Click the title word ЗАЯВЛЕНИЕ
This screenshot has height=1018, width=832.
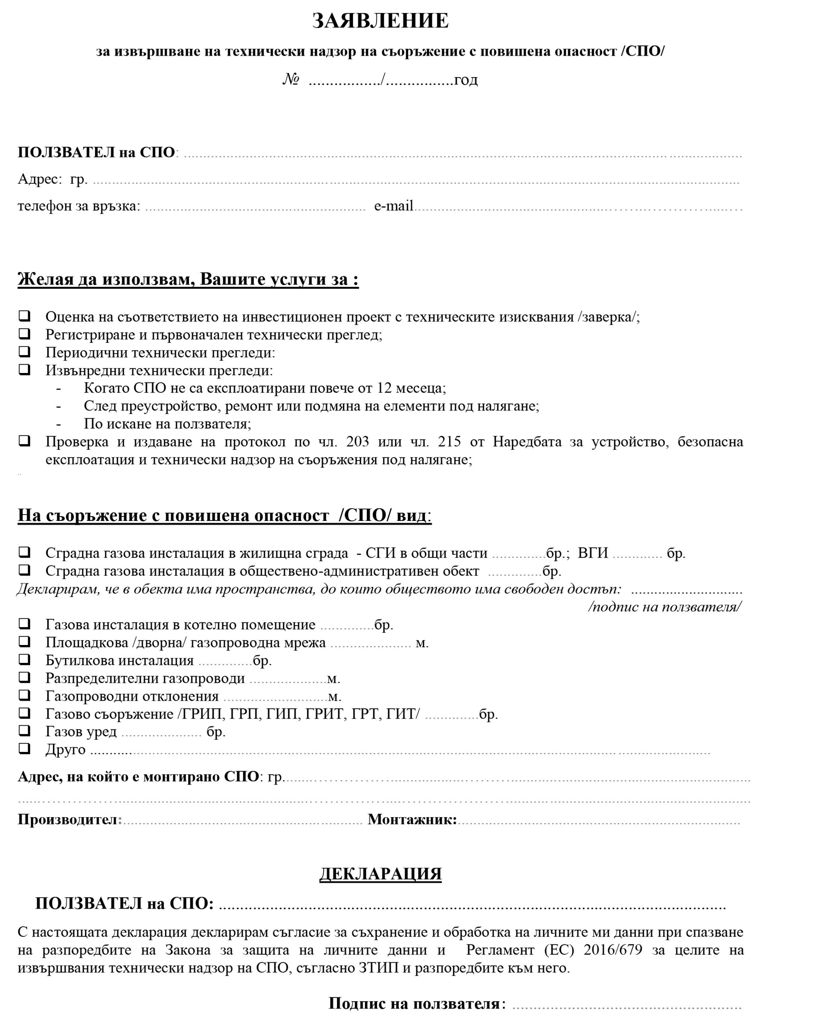[x=380, y=21]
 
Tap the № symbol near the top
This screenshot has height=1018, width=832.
[x=291, y=80]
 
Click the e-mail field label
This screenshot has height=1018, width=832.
[x=394, y=206]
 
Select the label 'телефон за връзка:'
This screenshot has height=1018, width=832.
[x=79, y=206]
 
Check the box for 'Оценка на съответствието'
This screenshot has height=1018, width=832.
[x=24, y=316]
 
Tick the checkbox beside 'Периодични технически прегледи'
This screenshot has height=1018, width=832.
[x=24, y=352]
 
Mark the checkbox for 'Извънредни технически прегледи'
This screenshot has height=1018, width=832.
[x=24, y=370]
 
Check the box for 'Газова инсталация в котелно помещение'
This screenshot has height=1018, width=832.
[x=24, y=624]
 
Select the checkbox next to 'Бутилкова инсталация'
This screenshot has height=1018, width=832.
[x=24, y=660]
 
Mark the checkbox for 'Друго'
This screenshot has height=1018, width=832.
[x=24, y=749]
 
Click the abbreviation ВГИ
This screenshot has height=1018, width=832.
[x=593, y=553]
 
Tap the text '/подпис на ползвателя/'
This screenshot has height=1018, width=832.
[x=665, y=607]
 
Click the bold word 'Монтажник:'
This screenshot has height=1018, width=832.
[x=412, y=819]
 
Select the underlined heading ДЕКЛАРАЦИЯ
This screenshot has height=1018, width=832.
[x=380, y=874]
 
